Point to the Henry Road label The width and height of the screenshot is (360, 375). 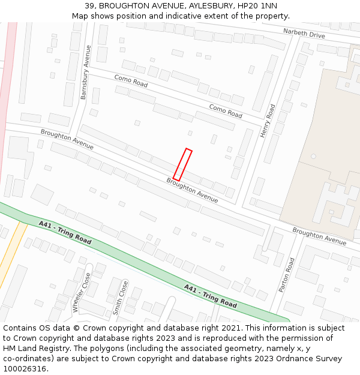(x=268, y=120)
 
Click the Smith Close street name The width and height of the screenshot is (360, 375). (x=121, y=298)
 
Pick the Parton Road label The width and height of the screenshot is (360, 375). (x=287, y=275)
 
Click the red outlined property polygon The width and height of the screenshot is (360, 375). (x=182, y=164)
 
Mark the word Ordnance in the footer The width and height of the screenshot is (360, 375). (x=281, y=359)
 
